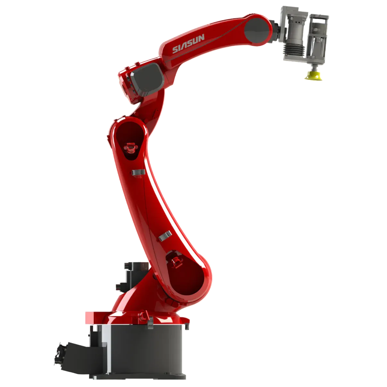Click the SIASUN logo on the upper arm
(x=189, y=44)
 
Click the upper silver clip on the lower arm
(x=138, y=172)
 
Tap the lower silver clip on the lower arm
(x=165, y=236)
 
